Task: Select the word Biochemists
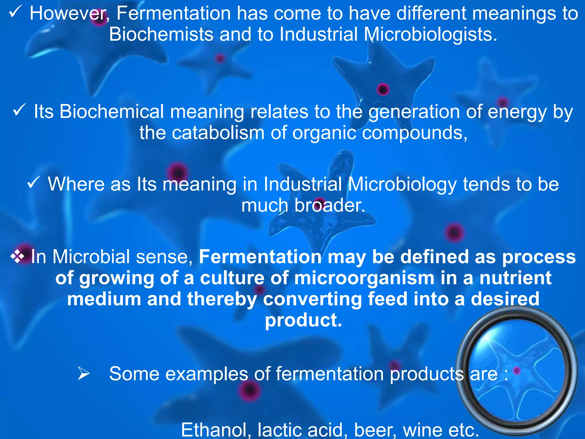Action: click(x=161, y=34)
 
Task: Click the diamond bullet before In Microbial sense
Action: click(x=17, y=256)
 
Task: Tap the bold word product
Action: click(x=303, y=321)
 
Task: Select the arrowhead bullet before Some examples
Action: click(x=84, y=373)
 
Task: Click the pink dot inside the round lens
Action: click(x=516, y=371)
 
